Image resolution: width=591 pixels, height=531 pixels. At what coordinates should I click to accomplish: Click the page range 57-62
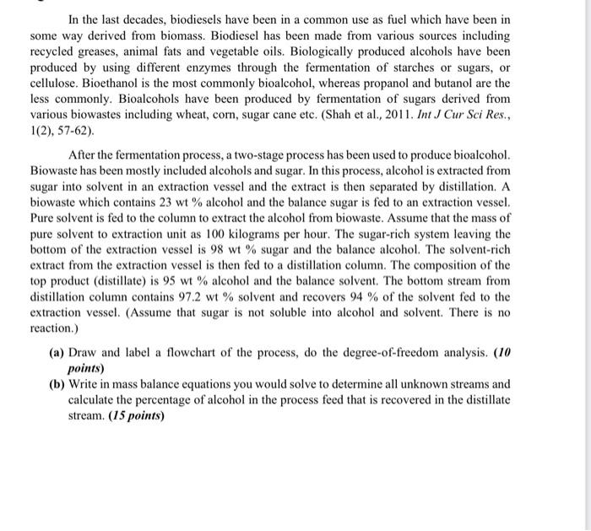(72, 132)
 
